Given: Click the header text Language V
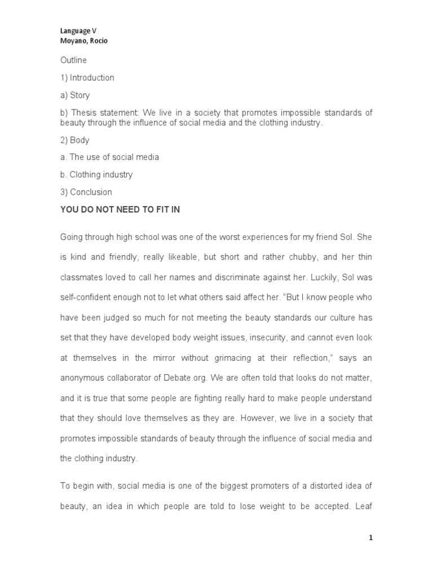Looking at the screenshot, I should click(x=78, y=32).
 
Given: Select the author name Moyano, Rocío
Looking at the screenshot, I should click(x=84, y=41).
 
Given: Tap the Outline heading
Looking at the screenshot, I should click(x=73, y=60).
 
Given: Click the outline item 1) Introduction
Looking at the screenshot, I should click(x=87, y=77).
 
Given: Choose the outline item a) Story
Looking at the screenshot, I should click(x=75, y=95).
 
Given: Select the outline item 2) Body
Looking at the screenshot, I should click(x=75, y=140).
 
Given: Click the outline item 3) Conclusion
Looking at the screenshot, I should click(x=86, y=192).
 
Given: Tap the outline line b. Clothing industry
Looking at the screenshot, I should click(x=96, y=174).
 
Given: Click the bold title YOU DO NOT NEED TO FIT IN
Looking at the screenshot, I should click(x=120, y=209).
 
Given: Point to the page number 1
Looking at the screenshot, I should click(x=371, y=538).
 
